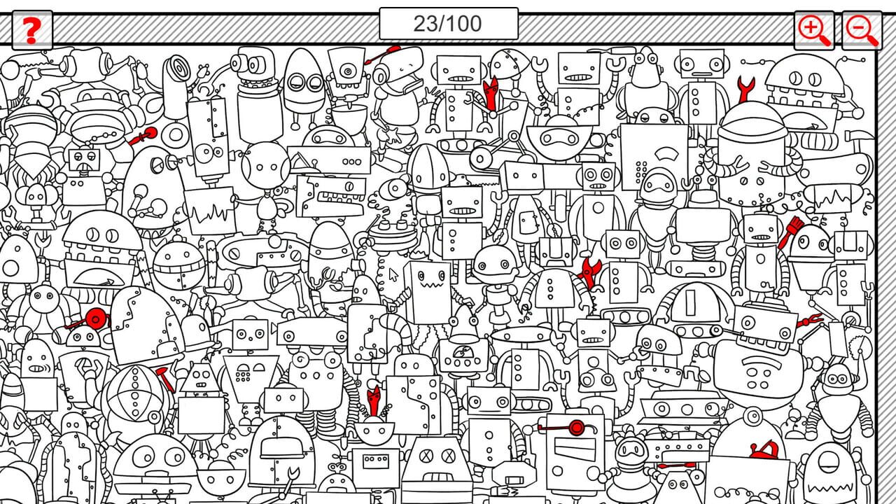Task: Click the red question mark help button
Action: click(x=31, y=30)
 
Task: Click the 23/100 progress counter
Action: click(x=448, y=24)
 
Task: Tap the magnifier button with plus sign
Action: click(x=814, y=30)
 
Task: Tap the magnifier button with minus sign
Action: click(x=862, y=30)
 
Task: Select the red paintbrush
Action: click(x=790, y=232)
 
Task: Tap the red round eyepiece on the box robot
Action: click(x=576, y=427)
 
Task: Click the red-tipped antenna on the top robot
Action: click(x=389, y=51)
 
